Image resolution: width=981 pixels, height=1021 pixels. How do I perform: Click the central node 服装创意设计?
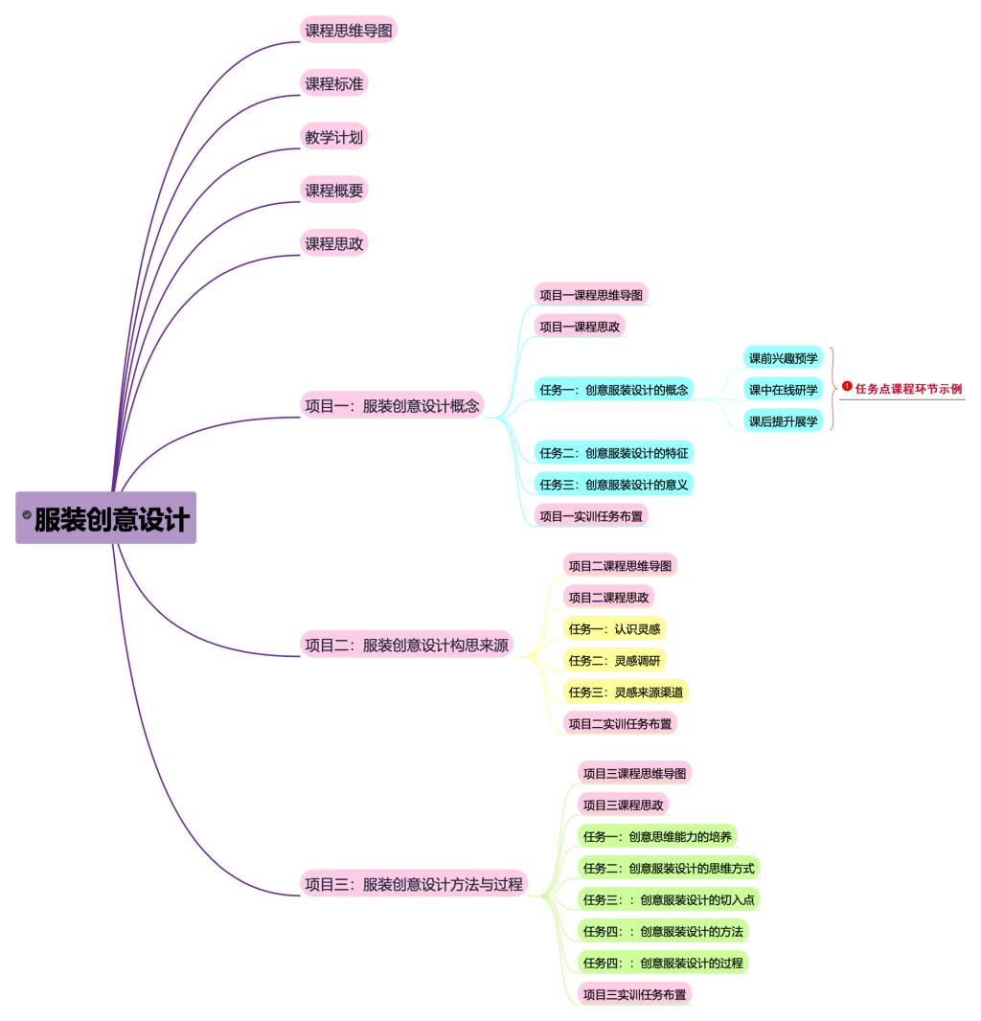pos(112,519)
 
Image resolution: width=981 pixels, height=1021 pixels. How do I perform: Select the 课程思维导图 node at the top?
pos(349,31)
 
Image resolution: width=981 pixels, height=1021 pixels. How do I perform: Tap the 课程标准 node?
pos(334,84)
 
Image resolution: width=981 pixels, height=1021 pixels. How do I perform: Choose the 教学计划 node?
pos(334,137)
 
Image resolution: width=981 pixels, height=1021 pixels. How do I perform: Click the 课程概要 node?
pos(334,191)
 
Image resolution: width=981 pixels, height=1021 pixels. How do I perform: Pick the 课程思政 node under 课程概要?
pos(334,243)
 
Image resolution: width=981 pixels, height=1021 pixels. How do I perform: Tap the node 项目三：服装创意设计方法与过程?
pos(414,884)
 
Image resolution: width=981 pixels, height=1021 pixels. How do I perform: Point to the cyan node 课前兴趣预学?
pos(784,358)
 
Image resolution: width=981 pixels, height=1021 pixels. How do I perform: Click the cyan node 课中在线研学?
pos(784,390)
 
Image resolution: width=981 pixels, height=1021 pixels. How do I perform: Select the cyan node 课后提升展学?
pos(784,421)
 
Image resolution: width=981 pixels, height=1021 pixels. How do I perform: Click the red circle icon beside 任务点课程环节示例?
pos(847,386)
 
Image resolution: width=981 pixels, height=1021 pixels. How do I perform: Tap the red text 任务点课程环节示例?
pos(908,389)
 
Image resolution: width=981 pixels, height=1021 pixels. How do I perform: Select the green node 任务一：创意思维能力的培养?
pos(657,836)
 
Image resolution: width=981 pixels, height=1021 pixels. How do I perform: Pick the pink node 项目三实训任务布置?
pos(634,994)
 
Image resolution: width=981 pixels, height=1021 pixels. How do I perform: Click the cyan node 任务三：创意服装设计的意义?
pos(613,484)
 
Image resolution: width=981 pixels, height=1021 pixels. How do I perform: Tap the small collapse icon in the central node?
pos(27,515)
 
